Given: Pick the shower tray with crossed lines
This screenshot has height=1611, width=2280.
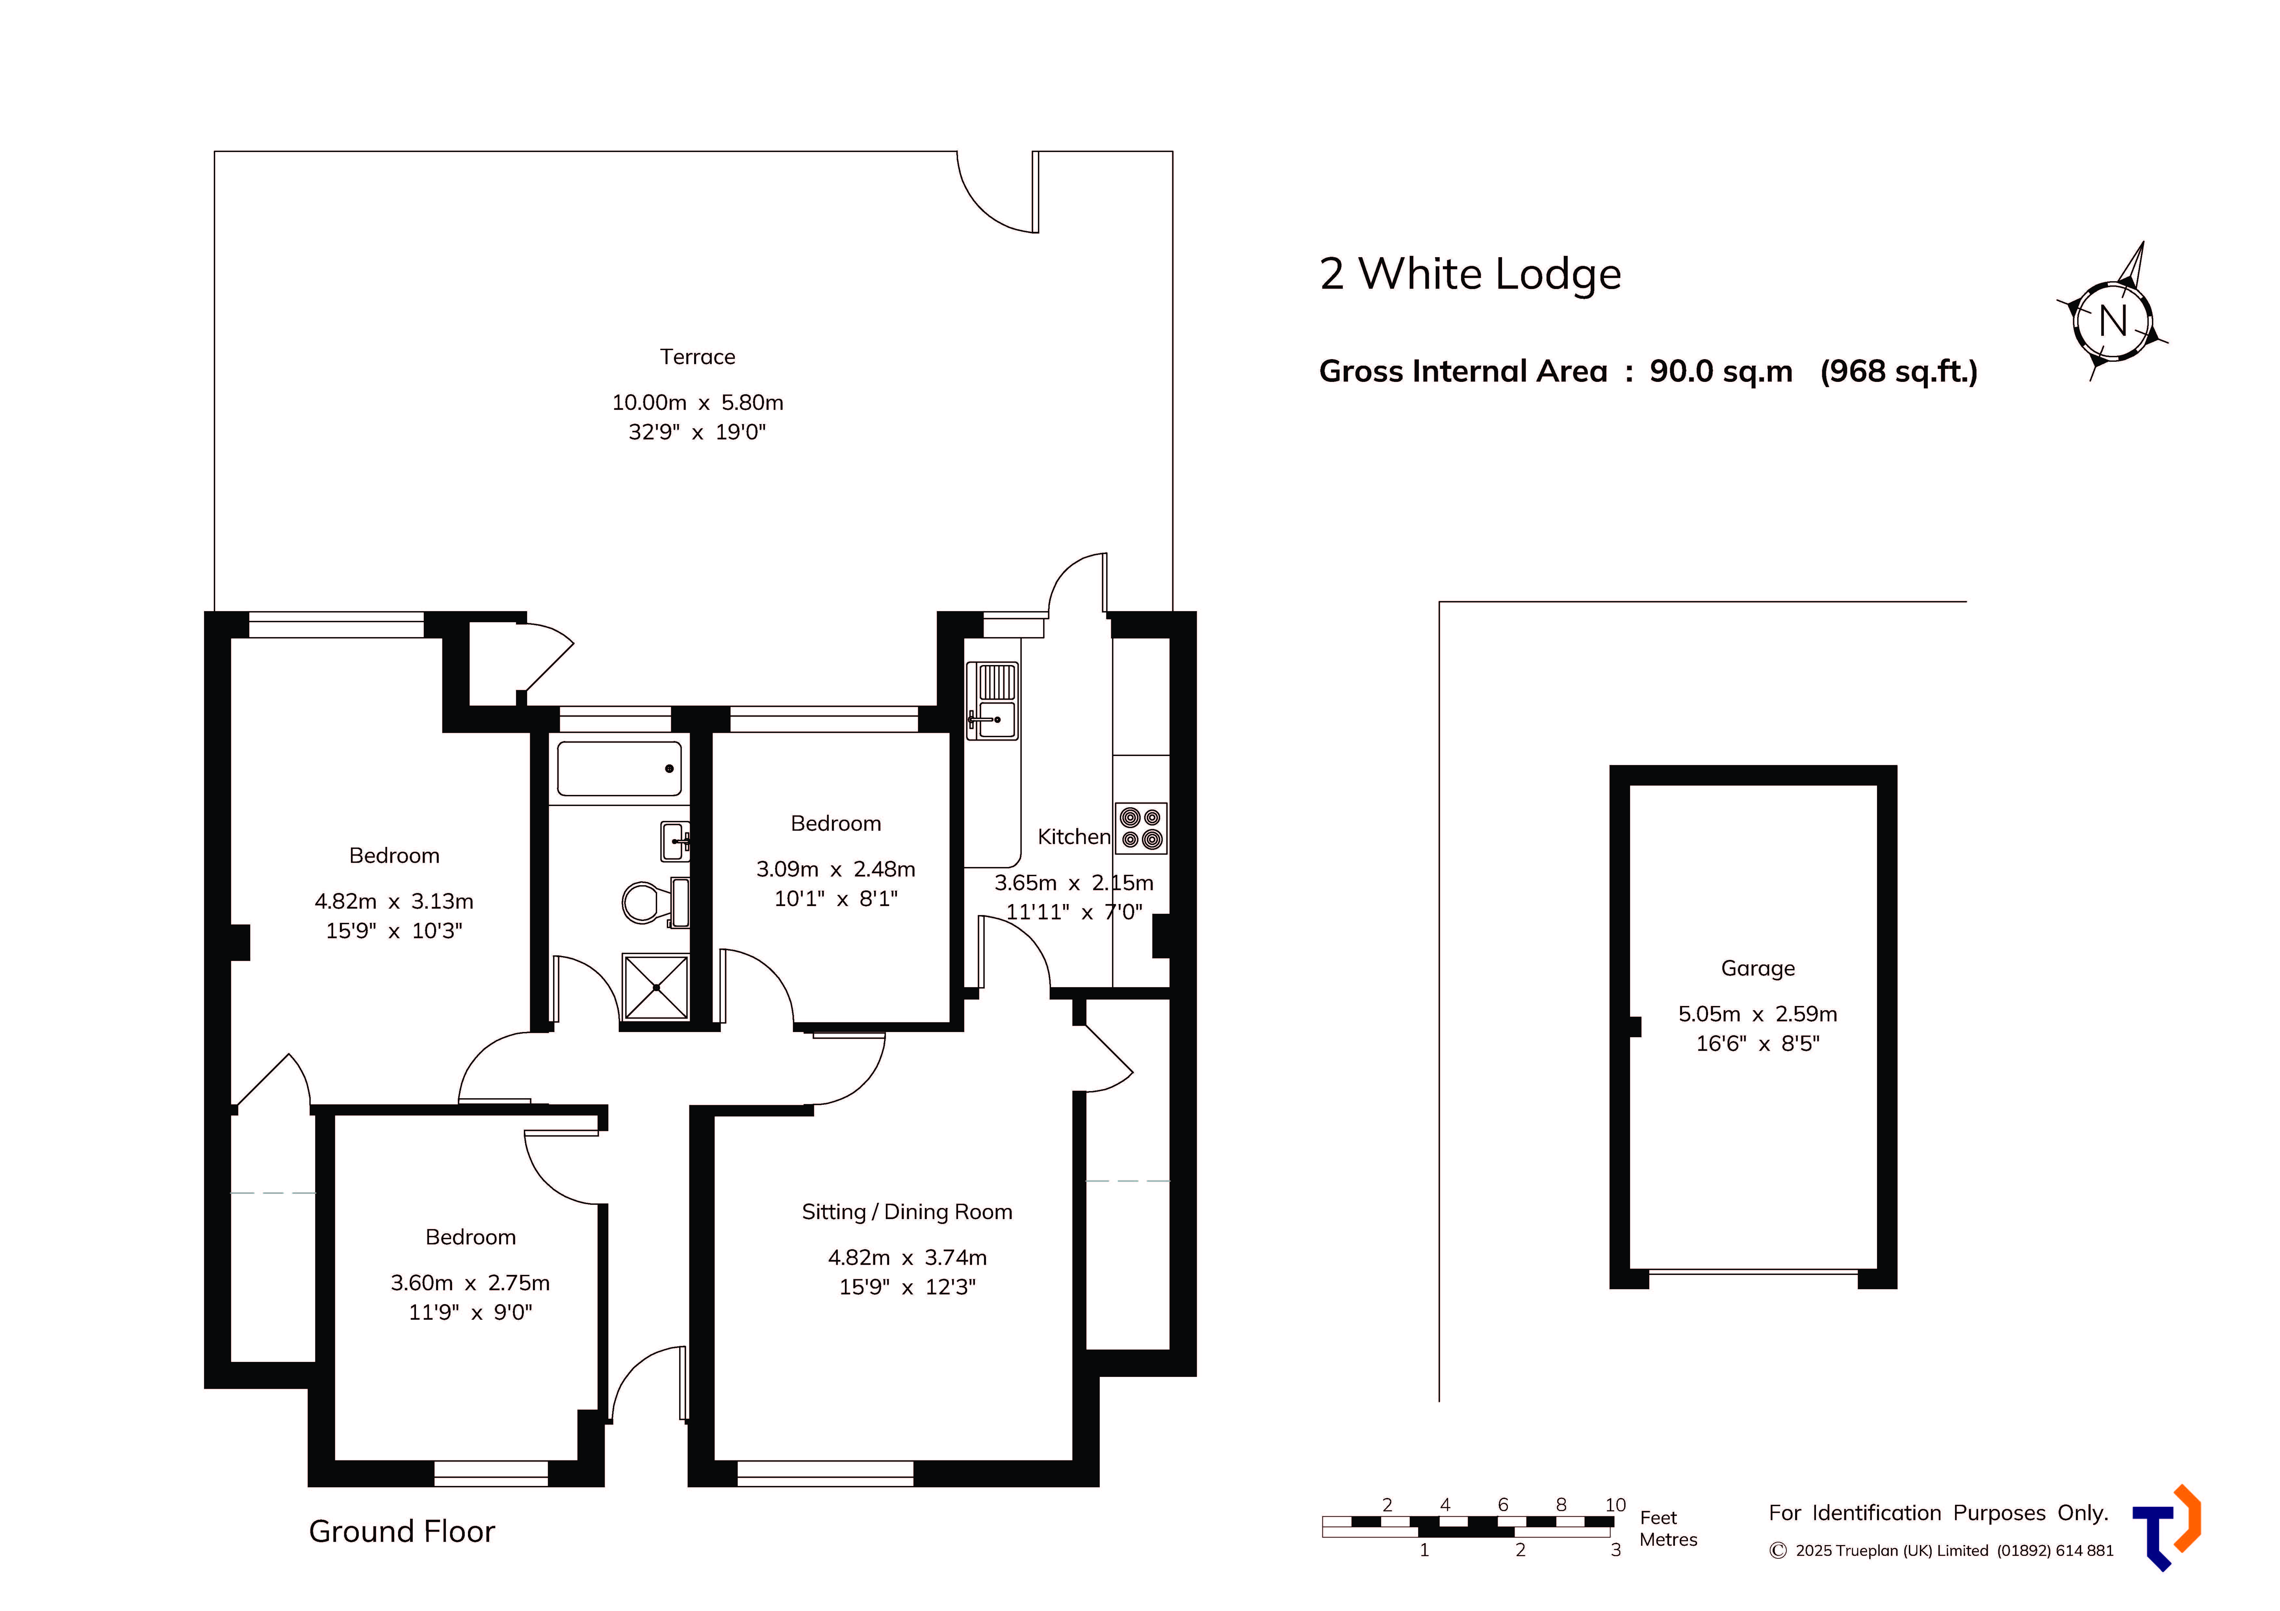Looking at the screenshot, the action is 655,987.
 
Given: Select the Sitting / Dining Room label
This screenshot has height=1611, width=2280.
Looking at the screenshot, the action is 907,1212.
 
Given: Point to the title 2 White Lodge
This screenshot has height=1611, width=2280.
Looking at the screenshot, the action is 1470,274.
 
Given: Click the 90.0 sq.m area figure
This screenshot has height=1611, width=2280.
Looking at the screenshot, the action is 1721,371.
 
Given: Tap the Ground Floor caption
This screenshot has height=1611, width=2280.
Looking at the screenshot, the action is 401,1531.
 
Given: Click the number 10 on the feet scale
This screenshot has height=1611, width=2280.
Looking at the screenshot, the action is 1616,1505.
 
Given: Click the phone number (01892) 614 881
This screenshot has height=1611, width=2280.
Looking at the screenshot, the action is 2055,1551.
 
